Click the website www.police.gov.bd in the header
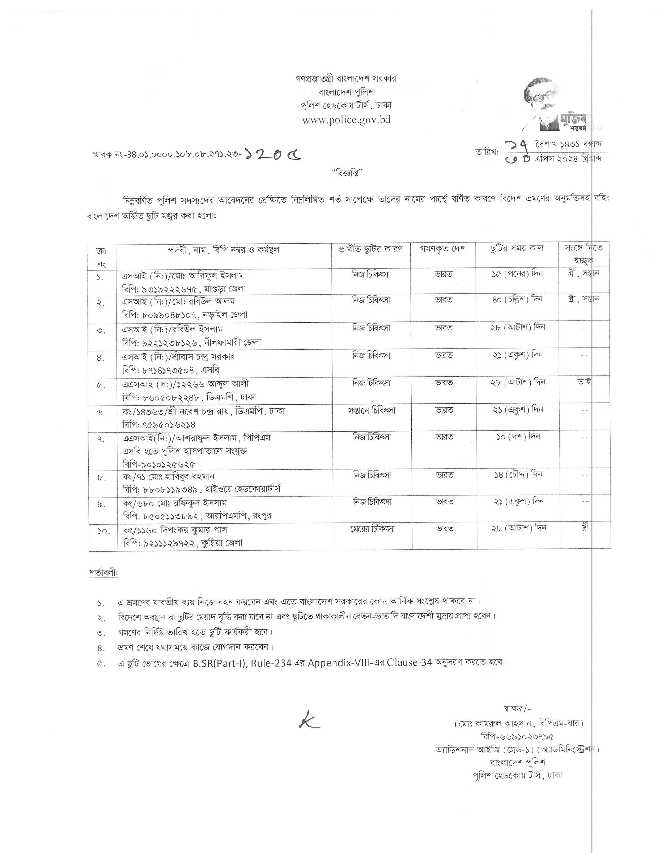coord(346,120)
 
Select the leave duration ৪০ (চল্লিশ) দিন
coord(517,299)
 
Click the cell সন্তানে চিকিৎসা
coord(371,410)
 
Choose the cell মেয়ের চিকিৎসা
coord(372,528)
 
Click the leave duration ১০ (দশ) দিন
coord(518,437)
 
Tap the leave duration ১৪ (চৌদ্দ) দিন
coord(518,475)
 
